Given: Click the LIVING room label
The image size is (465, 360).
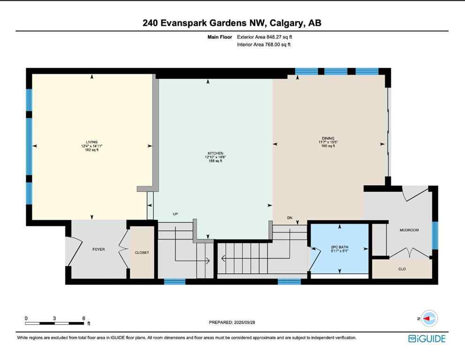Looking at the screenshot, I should click(91, 142).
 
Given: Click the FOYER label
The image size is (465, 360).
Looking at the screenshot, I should click(99, 249).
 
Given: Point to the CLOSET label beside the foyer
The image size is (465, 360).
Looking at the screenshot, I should click(142, 253).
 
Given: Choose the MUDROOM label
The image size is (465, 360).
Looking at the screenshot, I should click(409, 230).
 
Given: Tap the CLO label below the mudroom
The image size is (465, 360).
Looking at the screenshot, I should click(402, 269).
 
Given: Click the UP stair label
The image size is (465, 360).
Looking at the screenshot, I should click(175, 214).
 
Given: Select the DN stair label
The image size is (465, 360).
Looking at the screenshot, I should click(290, 217).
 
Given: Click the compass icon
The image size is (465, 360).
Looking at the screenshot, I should click(429, 318).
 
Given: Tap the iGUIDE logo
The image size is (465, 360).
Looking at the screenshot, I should click(427, 338).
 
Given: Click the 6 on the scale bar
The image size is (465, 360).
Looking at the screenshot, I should click(84, 318).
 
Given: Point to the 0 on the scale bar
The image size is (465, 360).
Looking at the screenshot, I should click(26, 318).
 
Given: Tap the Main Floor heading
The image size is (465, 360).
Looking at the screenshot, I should click(221, 37).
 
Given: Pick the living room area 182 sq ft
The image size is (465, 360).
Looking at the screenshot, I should click(91, 150).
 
